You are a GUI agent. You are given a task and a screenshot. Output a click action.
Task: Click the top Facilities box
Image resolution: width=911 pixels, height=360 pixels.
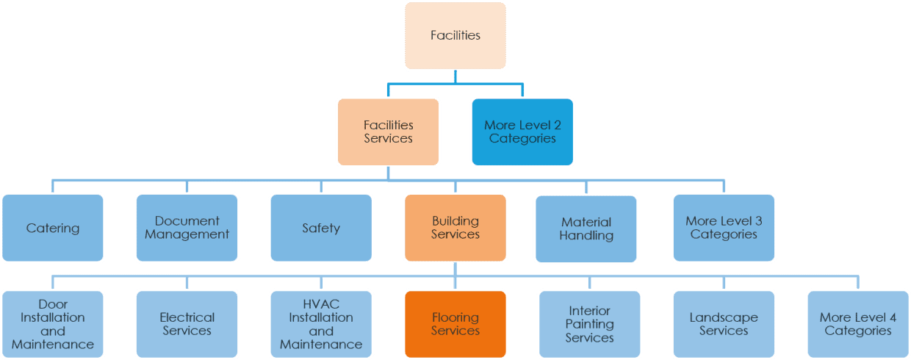455,35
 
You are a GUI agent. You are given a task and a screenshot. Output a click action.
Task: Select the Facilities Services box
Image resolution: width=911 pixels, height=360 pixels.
389,132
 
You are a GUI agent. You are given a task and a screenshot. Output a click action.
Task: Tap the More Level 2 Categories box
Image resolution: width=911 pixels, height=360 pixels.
522,132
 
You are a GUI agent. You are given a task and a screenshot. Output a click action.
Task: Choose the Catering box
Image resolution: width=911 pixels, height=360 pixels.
53,228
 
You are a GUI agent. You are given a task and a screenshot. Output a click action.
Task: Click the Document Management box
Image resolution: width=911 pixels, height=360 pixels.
187,228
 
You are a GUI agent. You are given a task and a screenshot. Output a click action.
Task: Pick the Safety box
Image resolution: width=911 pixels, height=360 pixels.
321,228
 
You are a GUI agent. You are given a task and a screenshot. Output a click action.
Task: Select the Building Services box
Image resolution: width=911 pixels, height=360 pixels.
455,228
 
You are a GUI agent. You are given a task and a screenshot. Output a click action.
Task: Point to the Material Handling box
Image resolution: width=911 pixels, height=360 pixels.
586,228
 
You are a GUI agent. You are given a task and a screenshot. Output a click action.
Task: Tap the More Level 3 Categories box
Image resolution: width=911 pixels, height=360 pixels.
724,228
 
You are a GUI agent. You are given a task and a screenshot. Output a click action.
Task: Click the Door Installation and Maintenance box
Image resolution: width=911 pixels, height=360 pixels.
53,324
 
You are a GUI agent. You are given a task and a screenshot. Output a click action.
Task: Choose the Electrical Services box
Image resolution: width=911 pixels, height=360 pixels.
187,324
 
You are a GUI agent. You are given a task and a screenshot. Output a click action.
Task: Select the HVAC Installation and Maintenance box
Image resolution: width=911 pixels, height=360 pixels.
321,324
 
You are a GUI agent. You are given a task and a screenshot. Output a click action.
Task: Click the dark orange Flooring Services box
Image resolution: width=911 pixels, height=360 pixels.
455,324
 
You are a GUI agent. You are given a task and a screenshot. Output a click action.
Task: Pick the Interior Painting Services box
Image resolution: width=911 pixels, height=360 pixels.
589,324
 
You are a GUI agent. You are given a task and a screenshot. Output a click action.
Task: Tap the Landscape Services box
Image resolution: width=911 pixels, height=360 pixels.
724,324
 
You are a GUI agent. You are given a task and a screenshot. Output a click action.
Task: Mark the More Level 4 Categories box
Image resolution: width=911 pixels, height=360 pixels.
857,324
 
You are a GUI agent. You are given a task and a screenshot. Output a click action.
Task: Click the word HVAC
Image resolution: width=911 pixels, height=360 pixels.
321,304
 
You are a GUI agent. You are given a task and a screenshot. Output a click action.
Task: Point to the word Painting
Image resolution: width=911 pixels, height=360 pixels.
589,324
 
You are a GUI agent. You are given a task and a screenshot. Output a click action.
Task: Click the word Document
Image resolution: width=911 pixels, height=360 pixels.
187,221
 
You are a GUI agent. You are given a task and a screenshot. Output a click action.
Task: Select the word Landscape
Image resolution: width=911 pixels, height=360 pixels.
724,317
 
